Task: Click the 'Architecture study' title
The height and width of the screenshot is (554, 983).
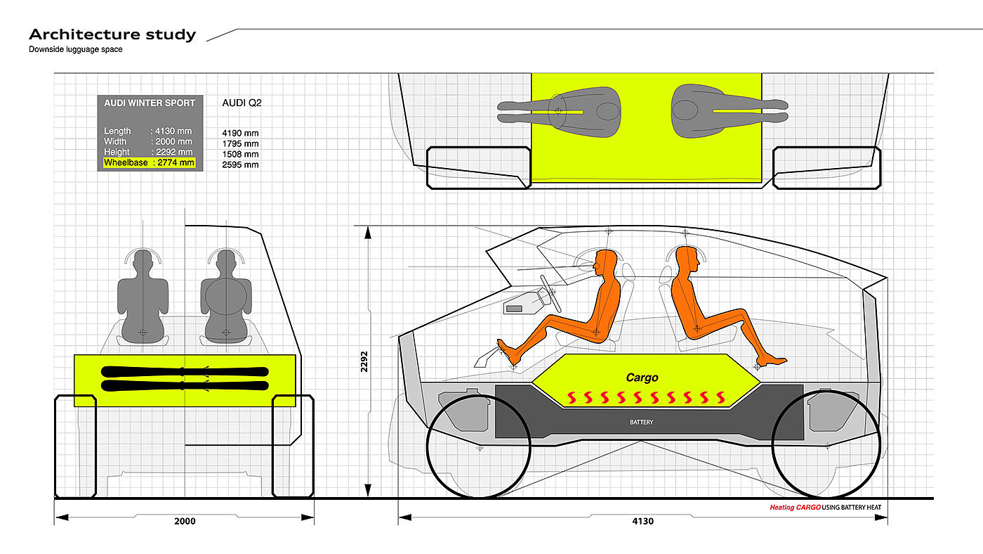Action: tap(112, 34)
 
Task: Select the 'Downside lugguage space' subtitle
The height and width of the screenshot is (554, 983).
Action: tap(76, 49)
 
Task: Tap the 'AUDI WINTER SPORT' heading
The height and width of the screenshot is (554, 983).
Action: tap(150, 103)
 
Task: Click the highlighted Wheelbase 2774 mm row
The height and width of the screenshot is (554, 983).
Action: tap(149, 163)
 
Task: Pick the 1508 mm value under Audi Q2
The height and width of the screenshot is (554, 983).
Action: tap(240, 154)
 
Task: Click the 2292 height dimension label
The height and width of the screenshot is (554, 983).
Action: tap(364, 361)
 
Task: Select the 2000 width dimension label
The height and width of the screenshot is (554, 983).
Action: tap(185, 521)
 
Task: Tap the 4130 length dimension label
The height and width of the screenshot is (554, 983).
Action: tap(642, 521)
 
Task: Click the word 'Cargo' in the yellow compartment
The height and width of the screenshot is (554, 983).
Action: tap(642, 378)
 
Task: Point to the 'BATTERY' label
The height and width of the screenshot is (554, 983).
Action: tap(641, 423)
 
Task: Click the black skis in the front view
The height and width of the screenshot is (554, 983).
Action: tap(185, 378)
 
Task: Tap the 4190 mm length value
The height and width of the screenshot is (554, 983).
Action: tap(240, 132)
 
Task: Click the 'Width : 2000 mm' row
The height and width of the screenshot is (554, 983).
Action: tap(147, 141)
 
